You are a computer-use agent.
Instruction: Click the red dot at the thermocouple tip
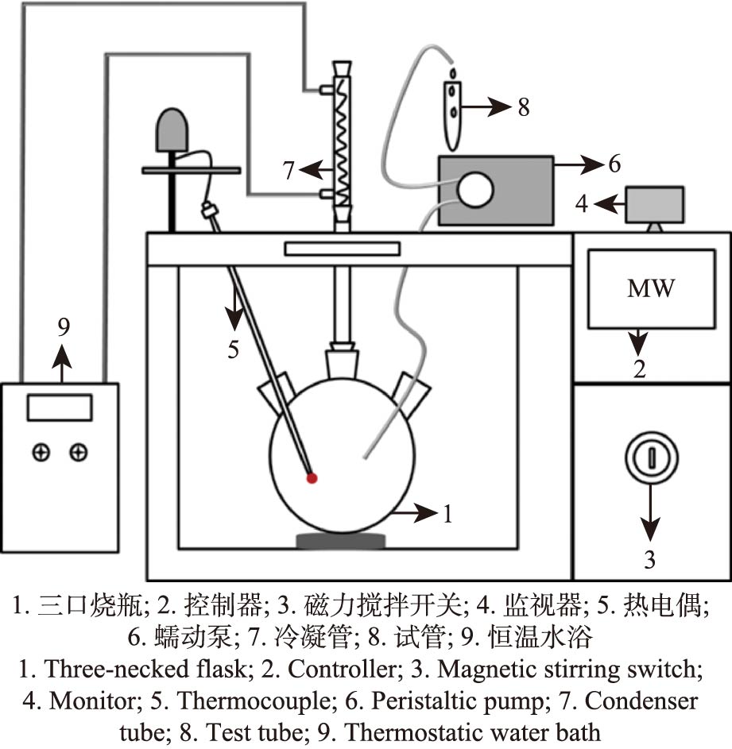point(312,478)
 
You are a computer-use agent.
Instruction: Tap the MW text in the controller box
point(651,288)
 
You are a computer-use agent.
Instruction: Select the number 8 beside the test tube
point(522,107)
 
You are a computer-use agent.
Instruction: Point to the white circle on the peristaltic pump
point(476,191)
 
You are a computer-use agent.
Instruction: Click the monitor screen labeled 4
point(654,204)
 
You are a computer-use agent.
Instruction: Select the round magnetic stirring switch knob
point(650,458)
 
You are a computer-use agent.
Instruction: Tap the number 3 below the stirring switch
point(649,560)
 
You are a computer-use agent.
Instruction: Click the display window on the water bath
point(60,407)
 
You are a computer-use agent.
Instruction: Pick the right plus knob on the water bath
point(78,453)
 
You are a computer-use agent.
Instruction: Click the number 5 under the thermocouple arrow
point(233,350)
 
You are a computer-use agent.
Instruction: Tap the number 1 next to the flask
point(447,515)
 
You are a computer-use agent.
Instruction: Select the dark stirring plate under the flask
point(340,542)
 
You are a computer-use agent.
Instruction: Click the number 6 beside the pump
point(614,164)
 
